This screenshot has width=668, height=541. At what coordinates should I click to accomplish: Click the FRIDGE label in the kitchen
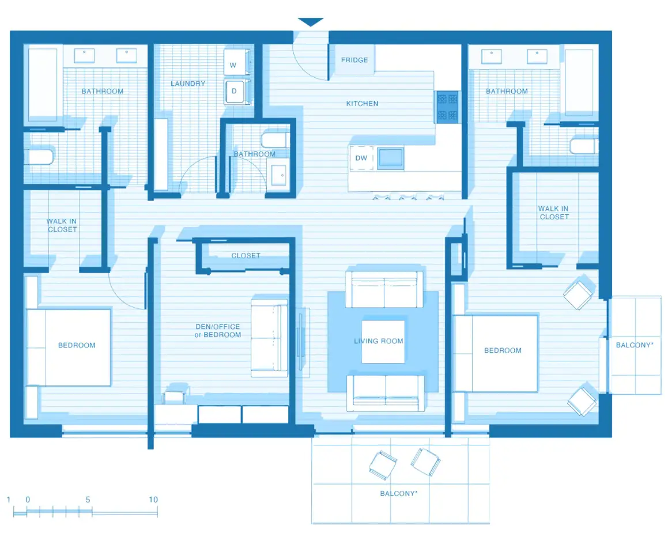point(354,60)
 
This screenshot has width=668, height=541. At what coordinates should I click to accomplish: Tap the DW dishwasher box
point(361,158)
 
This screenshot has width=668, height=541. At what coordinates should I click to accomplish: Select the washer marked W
point(234,65)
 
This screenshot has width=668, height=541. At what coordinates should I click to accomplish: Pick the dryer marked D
point(234,91)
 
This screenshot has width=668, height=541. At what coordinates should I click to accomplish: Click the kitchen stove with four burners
point(447,107)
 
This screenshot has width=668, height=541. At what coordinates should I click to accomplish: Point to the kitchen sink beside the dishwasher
point(390,157)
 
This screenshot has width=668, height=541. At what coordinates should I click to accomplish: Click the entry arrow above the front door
point(311,22)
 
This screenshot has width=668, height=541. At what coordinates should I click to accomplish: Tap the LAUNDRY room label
point(188,84)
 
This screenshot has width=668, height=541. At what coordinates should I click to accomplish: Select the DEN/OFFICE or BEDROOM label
point(218,331)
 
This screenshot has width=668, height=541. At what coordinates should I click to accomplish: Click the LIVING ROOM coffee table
point(383,341)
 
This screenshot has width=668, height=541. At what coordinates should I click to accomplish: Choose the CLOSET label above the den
point(246,255)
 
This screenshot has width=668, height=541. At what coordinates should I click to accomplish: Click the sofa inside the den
point(269,338)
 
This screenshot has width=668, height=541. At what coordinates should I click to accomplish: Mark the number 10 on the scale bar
point(153,500)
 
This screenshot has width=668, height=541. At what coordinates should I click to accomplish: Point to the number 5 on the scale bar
point(88,500)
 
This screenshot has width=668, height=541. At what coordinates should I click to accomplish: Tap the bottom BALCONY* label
point(399,494)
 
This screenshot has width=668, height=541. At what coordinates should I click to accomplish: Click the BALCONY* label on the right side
point(635,345)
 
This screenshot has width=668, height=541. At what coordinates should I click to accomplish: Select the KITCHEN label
point(362,104)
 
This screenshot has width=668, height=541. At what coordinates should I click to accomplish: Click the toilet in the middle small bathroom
point(274,139)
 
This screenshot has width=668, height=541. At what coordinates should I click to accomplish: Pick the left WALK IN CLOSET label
point(62,225)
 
